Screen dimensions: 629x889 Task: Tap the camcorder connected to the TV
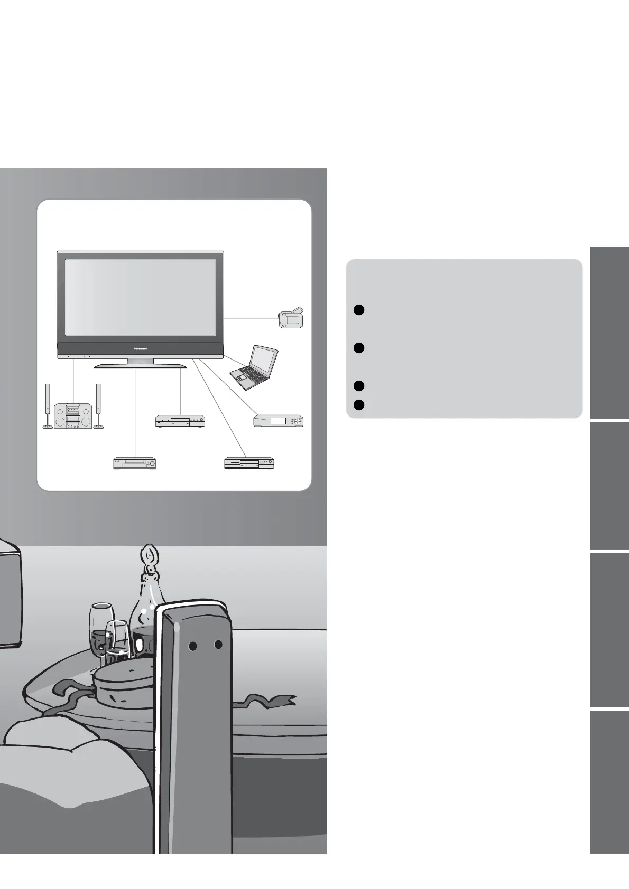[x=291, y=318]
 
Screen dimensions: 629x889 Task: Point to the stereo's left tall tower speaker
[x=48, y=405]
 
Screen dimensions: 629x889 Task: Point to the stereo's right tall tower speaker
[x=98, y=405]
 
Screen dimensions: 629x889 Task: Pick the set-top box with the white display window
[x=278, y=421]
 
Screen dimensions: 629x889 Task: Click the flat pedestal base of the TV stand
[x=140, y=365]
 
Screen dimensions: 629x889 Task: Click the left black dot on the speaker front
[x=193, y=646]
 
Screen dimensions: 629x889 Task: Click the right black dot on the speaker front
[x=218, y=645]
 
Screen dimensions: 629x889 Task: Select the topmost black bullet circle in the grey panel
[x=358, y=310]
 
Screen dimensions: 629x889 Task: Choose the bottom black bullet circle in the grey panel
[x=358, y=405]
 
